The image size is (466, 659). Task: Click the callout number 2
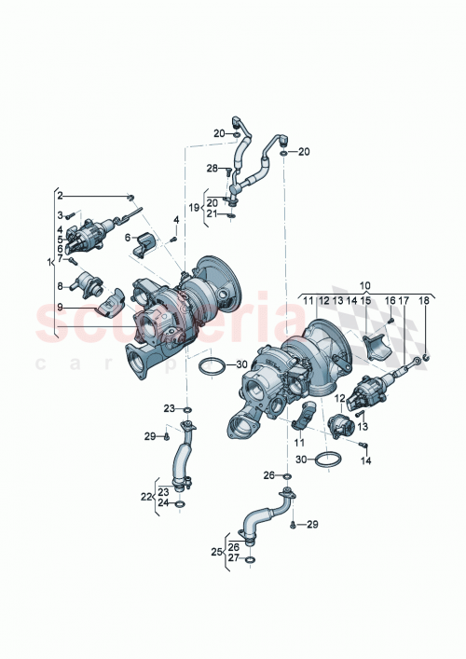coord(60,196)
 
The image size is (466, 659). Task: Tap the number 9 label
coord(60,307)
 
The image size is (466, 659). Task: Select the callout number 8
coord(60,286)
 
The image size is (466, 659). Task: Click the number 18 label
coord(425,300)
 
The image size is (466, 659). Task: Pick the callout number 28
coord(212,169)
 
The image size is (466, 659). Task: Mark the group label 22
coord(144,497)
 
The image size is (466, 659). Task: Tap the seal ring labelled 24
coord(180,503)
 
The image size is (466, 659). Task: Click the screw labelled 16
coord(391,321)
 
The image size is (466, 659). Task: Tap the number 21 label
coord(213,214)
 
